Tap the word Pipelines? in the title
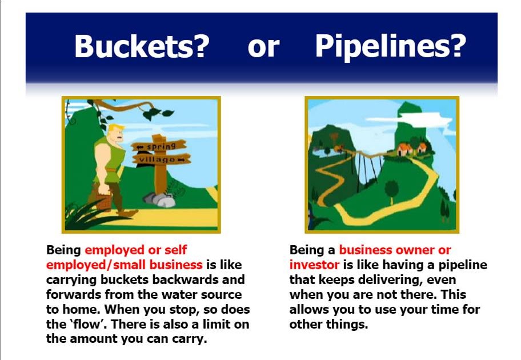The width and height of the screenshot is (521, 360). point(391,47)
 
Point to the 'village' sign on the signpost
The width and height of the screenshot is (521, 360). point(162,159)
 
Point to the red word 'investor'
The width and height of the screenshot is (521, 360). point(315,265)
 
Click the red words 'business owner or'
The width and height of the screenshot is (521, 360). point(395,250)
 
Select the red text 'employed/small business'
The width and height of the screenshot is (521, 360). point(125,265)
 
